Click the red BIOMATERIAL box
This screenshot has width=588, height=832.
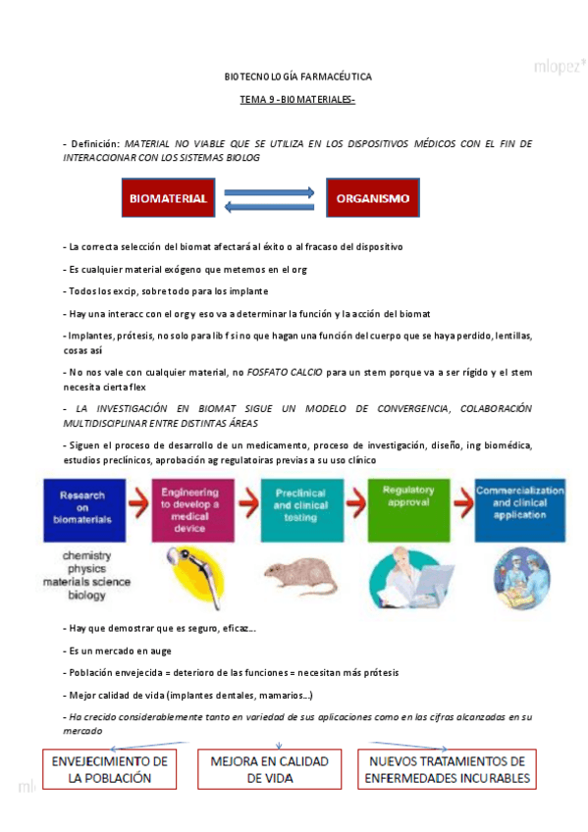point(168,198)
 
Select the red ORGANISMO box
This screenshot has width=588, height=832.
point(372,198)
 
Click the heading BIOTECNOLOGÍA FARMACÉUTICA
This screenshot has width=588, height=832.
point(298,76)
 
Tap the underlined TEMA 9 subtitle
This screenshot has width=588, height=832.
point(297,100)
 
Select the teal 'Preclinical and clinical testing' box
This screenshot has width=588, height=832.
point(300,509)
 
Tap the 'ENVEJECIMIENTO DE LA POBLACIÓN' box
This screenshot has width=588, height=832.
point(110,769)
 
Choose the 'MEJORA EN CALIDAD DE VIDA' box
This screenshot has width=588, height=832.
point(270,769)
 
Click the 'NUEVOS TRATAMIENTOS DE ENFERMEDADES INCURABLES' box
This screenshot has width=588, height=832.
point(448,769)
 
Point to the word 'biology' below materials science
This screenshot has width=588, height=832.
point(86,594)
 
